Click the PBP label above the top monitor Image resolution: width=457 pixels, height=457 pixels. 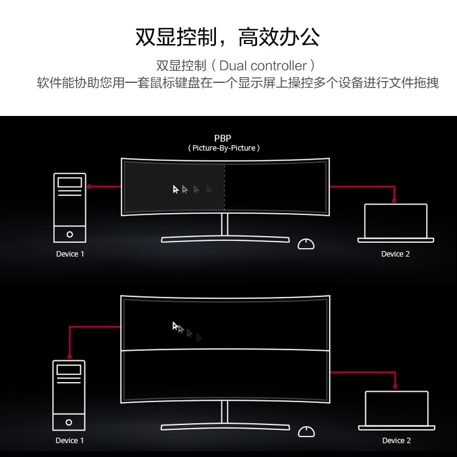[223, 138]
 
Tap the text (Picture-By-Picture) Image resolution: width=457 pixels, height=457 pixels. [224, 148]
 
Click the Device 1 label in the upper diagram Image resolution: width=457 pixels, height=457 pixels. [70, 254]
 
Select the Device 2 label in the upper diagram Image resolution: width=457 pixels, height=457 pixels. [395, 254]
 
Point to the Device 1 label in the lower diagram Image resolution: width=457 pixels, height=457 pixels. [70, 440]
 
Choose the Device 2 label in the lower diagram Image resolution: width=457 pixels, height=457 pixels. [396, 440]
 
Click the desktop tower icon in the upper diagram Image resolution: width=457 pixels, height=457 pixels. [70, 208]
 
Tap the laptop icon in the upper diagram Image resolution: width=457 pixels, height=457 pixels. [396, 223]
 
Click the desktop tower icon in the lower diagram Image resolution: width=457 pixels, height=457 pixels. [69, 395]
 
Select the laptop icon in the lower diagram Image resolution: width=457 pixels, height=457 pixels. [396, 410]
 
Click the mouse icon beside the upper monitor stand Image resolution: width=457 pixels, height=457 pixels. [306, 244]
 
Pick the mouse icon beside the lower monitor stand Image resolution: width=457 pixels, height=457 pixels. [306, 432]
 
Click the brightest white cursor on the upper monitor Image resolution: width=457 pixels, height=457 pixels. [175, 189]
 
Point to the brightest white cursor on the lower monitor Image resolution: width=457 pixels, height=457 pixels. [175, 326]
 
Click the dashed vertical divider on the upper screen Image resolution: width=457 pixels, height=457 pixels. [225, 187]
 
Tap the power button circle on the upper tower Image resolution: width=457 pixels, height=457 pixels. [70, 234]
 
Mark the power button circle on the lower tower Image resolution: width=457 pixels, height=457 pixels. [69, 422]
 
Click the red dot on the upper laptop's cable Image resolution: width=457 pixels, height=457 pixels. [394, 201]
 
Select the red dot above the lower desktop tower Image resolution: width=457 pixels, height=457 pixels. [69, 356]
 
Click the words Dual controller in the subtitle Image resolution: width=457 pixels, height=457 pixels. [263, 66]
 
